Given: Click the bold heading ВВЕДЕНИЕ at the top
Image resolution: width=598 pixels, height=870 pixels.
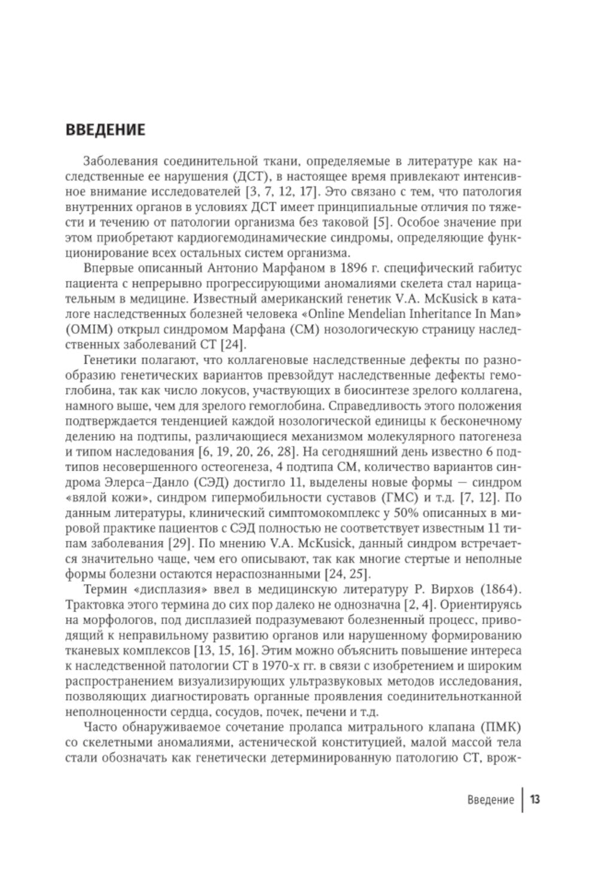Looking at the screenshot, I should click(x=105, y=130).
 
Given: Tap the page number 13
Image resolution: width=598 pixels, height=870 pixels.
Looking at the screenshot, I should click(x=535, y=800).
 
